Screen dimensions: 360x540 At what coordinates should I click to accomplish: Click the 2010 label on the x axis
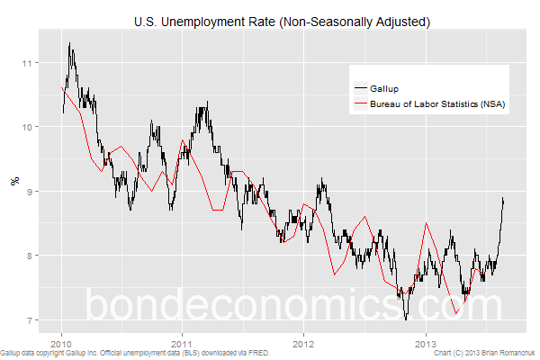click(x=61, y=343)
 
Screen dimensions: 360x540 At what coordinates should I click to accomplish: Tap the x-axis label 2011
click(x=183, y=343)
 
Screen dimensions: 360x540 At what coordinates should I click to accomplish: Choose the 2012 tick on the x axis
click(x=303, y=343)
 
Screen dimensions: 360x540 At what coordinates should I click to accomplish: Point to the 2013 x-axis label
click(x=425, y=343)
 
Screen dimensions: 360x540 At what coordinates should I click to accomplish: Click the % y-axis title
click(x=13, y=180)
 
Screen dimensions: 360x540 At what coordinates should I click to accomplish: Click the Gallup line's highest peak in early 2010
click(x=69, y=43)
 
